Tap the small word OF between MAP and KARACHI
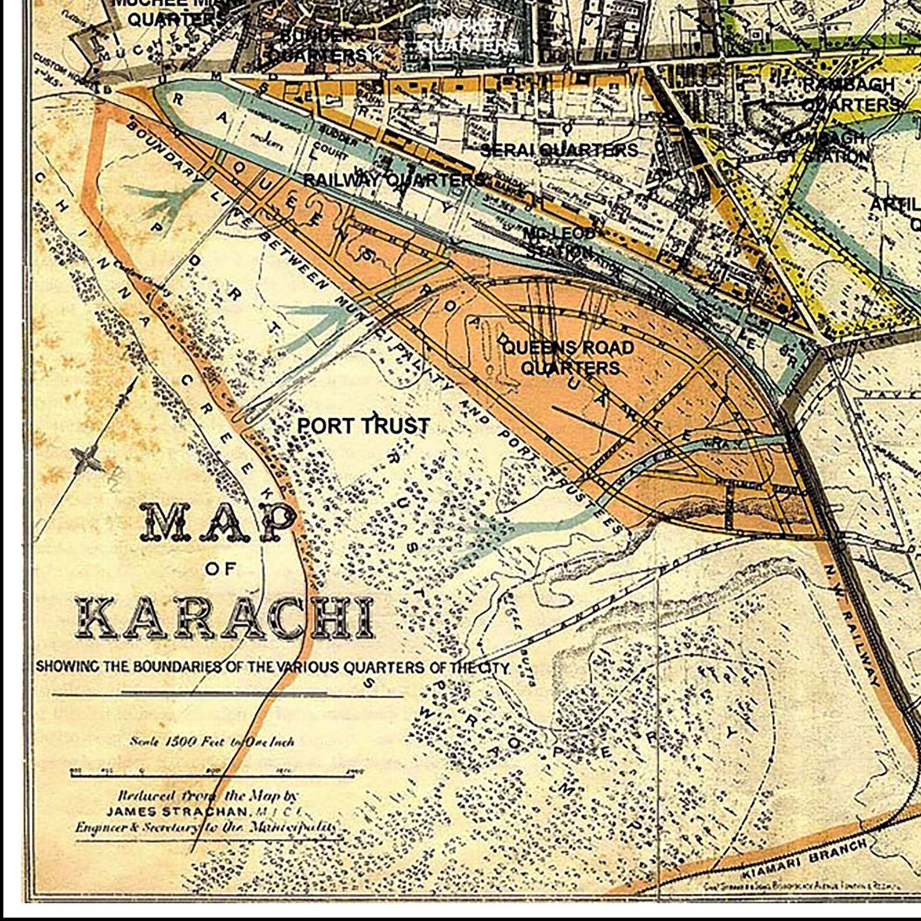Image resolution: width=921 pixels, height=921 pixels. click(220, 569)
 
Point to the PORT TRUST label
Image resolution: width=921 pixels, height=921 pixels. click(364, 426)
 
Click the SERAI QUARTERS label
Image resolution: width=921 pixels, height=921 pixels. click(559, 150)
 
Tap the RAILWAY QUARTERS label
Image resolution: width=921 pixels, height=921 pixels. click(394, 180)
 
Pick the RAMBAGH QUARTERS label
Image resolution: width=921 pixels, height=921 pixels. click(850, 95)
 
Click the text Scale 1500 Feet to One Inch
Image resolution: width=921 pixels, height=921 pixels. click(212, 741)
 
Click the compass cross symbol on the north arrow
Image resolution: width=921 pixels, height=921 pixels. click(87, 459)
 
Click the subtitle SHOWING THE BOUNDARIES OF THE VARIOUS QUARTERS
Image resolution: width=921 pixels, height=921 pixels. click(273, 667)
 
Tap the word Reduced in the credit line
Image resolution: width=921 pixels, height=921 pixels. click(139, 796)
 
